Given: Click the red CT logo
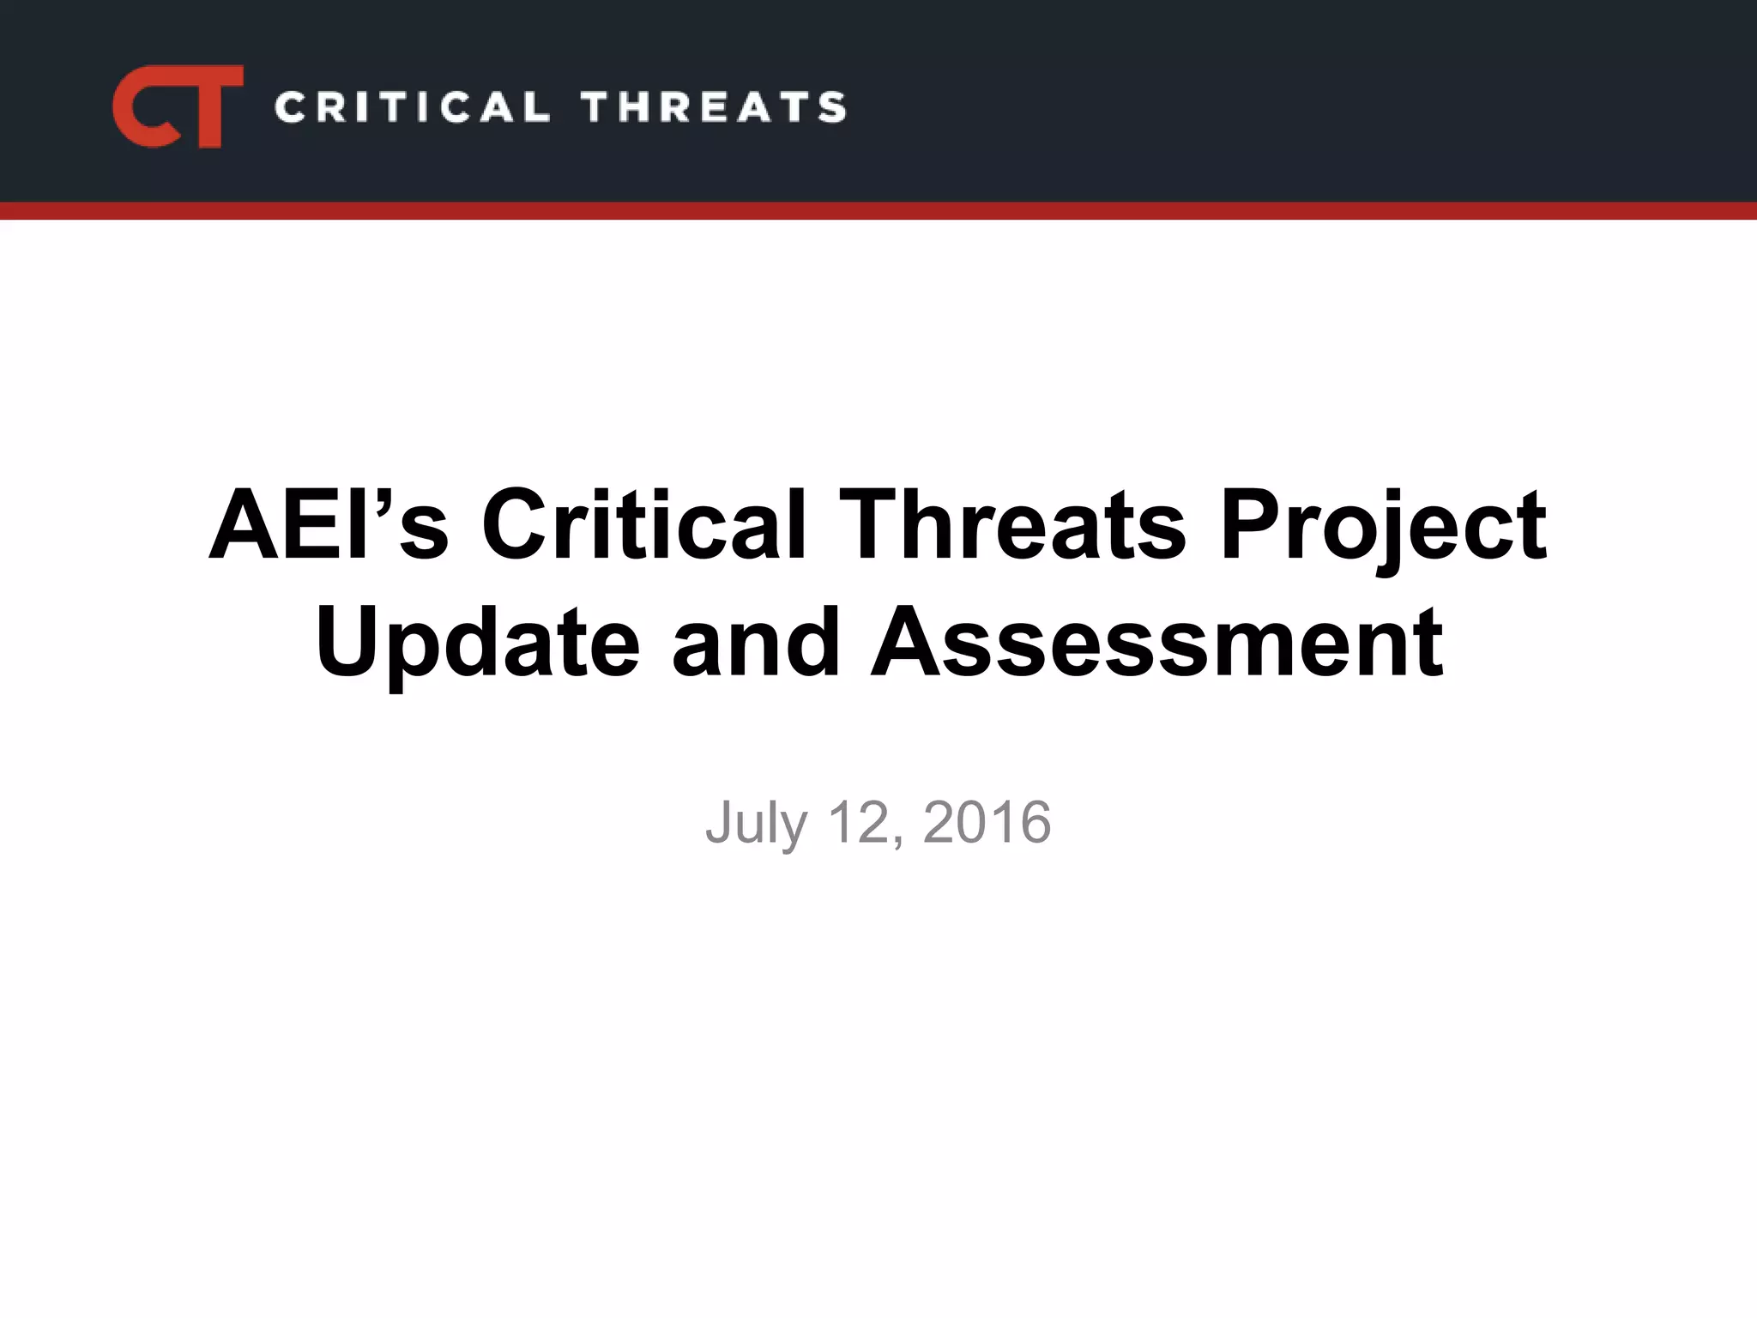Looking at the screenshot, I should (x=178, y=106).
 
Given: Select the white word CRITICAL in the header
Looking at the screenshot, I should (x=411, y=107).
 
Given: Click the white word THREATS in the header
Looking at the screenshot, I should (x=714, y=107).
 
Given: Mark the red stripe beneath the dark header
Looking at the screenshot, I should (x=878, y=211).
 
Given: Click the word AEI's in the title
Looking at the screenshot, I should (x=329, y=524).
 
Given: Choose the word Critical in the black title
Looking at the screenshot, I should (x=643, y=524).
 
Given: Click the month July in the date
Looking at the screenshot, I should (x=756, y=824).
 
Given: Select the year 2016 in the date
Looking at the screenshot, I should (x=987, y=822).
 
